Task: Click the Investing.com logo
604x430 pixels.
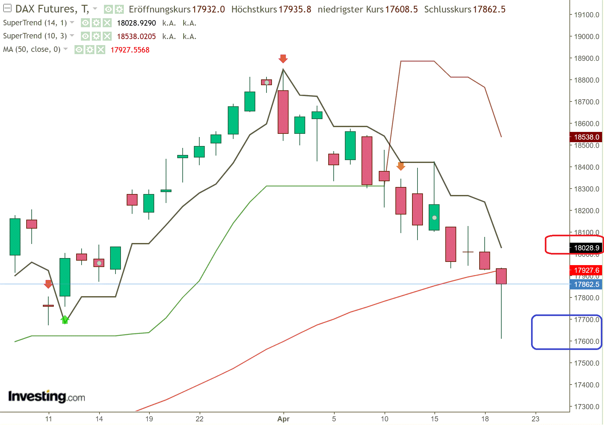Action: point(47,396)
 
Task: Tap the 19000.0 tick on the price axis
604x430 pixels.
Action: point(586,37)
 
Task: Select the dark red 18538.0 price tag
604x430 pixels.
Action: point(586,137)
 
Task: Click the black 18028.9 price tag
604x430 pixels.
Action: point(586,248)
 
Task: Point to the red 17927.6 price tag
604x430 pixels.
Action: point(586,270)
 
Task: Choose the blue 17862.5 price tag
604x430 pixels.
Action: point(586,284)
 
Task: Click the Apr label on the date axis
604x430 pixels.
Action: point(283,419)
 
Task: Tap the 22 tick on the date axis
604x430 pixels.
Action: point(199,419)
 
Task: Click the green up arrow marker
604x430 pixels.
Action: point(65,320)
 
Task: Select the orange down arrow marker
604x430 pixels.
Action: point(401,166)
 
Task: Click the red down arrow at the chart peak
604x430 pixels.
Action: point(283,59)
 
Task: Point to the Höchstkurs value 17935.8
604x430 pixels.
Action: point(295,9)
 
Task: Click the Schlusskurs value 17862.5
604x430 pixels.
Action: point(489,9)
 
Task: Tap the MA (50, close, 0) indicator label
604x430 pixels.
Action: point(32,49)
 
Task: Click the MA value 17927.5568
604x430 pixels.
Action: point(130,50)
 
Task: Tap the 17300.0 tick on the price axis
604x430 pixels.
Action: point(586,407)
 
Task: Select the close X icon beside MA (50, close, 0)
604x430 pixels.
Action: point(101,50)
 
